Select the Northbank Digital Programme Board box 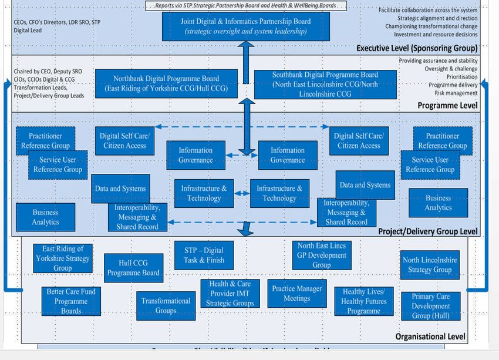[x=167, y=83]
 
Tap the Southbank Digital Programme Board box [x=325, y=84]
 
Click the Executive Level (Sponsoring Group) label [x=417, y=48]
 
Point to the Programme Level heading [x=447, y=106]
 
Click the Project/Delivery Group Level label [x=428, y=231]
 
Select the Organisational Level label [x=430, y=337]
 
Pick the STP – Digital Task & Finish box [x=204, y=255]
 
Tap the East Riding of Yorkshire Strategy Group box [x=62, y=258]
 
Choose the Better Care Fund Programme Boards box [x=71, y=301]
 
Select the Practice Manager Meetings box [x=296, y=294]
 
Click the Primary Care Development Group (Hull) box [x=430, y=306]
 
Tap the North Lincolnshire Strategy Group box [x=430, y=265]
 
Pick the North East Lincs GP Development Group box [x=321, y=255]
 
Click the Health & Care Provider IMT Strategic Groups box [x=230, y=294]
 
